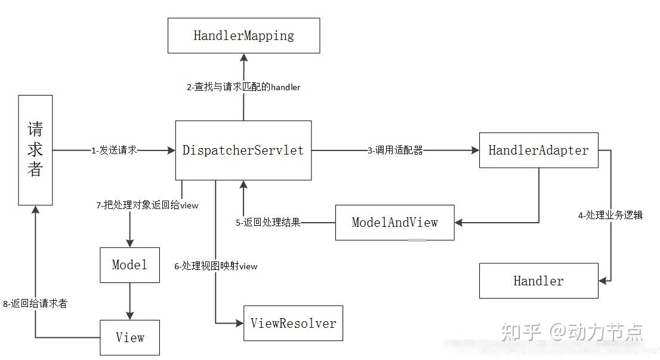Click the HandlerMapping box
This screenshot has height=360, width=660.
tap(243, 35)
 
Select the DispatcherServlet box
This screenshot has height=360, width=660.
tap(243, 150)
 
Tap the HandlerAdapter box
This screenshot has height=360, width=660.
tap(538, 150)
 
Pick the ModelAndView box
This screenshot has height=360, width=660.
tap(394, 223)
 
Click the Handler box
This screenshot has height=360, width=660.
tap(538, 281)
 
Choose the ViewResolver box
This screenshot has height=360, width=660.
tap(293, 323)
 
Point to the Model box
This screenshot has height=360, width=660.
tap(129, 265)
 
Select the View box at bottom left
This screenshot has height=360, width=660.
tap(129, 337)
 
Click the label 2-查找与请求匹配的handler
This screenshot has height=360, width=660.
tap(243, 87)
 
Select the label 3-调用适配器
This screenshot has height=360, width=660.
tap(395, 150)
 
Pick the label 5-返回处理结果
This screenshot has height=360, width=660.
tap(268, 223)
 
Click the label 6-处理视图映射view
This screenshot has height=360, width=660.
tap(216, 266)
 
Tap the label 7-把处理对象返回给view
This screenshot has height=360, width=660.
tap(147, 205)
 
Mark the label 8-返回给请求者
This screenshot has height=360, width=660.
tap(35, 304)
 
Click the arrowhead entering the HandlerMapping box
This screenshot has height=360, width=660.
tap(243, 57)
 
